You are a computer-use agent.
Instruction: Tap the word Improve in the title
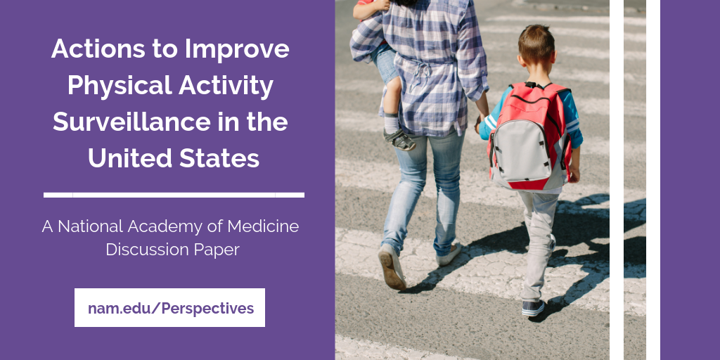coord(237,49)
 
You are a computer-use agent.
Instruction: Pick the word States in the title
coord(219,158)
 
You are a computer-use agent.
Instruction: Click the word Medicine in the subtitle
coord(263,226)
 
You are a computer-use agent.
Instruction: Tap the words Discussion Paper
coord(173,250)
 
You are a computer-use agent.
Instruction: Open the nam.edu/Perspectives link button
coord(170,308)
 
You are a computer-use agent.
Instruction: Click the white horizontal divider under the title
coord(174,195)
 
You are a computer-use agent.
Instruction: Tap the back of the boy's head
coord(536,44)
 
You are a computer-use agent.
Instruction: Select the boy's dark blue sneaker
coord(533,308)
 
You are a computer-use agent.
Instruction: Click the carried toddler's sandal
coord(400,140)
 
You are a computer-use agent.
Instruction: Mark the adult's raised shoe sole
coord(392,268)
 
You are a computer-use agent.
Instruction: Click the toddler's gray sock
coord(392,123)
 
